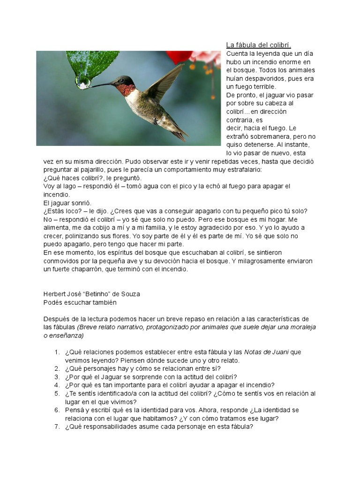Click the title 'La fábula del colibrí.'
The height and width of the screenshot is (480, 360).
[x=259, y=45]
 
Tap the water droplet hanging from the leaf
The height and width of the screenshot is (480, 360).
[x=84, y=84]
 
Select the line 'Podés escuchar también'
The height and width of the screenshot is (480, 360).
[x=79, y=302]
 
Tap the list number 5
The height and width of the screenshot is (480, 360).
[x=57, y=393]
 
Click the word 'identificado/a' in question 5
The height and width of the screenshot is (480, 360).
[x=114, y=393]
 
